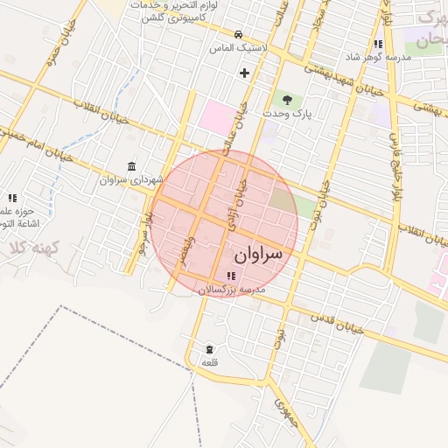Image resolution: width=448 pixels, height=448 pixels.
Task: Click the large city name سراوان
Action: [x=259, y=255]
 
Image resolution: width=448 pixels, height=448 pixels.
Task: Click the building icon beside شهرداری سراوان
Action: [x=131, y=166]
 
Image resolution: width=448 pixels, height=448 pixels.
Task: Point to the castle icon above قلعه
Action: [x=208, y=348]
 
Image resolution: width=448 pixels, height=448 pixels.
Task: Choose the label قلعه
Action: [x=209, y=362]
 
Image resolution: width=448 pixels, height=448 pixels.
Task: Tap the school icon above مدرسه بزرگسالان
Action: [x=231, y=276]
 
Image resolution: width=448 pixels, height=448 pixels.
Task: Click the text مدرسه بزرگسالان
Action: [x=231, y=289]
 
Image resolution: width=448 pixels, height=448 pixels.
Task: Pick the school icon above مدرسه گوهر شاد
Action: [x=378, y=44]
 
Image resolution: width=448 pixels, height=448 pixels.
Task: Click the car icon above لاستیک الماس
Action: [x=226, y=35]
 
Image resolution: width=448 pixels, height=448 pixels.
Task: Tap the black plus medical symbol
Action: [x=244, y=73]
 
